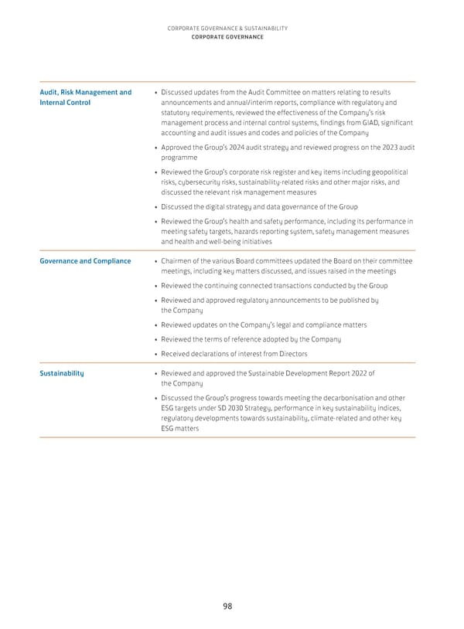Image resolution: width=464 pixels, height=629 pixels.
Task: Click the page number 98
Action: click(x=227, y=606)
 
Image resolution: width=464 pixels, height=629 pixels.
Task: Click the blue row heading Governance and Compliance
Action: click(x=85, y=261)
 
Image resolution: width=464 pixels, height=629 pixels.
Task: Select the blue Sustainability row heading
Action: click(x=62, y=373)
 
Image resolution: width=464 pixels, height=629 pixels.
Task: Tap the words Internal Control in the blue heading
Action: click(x=65, y=103)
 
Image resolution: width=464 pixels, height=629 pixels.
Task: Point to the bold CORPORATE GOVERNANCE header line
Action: click(x=227, y=37)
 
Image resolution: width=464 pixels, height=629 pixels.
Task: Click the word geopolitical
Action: click(x=382, y=172)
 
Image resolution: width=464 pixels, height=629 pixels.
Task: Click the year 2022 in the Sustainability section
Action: click(x=357, y=373)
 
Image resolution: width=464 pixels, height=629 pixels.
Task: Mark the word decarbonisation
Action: click(x=338, y=399)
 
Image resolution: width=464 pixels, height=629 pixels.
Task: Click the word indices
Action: click(x=389, y=409)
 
